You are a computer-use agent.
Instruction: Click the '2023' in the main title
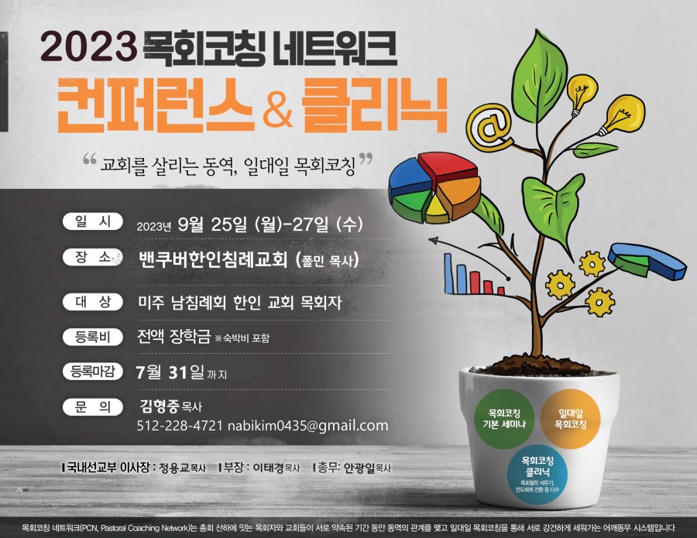88,46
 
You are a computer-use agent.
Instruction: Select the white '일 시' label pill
92,221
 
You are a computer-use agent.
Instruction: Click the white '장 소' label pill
92,257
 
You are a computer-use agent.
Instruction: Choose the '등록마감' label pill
92,371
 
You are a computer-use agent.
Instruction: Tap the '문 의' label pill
92,407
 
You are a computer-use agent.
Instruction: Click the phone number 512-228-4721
180,426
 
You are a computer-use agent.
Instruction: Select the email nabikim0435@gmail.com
307,426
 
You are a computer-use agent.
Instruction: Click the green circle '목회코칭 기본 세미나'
504,419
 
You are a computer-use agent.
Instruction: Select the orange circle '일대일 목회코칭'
570,419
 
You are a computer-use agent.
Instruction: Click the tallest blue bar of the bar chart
448,274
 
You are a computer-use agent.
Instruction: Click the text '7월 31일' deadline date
170,372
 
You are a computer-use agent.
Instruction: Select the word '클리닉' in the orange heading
373,106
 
